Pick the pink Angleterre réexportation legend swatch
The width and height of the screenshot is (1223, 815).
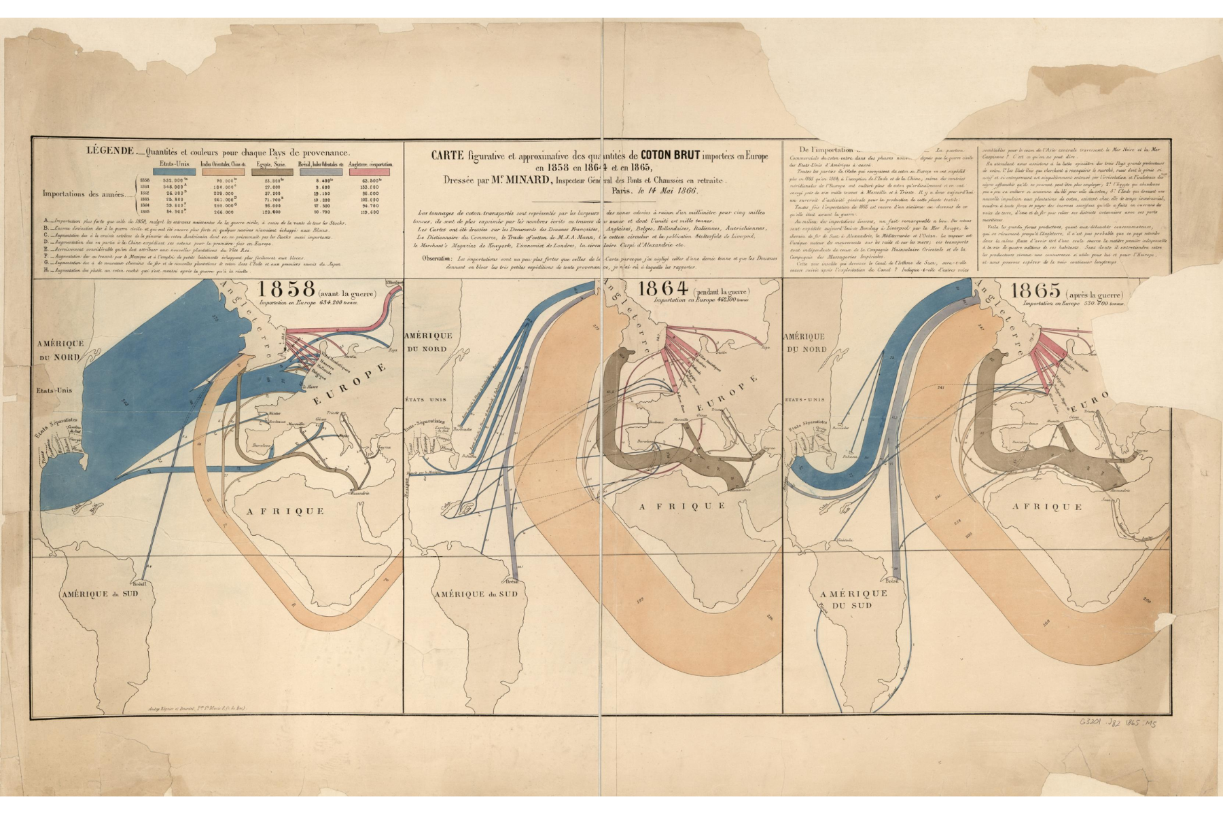coord(370,172)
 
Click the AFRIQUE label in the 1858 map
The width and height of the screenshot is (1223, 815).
coord(279,510)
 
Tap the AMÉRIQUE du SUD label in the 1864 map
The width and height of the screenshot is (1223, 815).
coord(476,594)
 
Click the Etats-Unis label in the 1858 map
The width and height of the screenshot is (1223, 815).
coord(54,390)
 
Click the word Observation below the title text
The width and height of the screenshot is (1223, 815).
coord(438,258)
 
